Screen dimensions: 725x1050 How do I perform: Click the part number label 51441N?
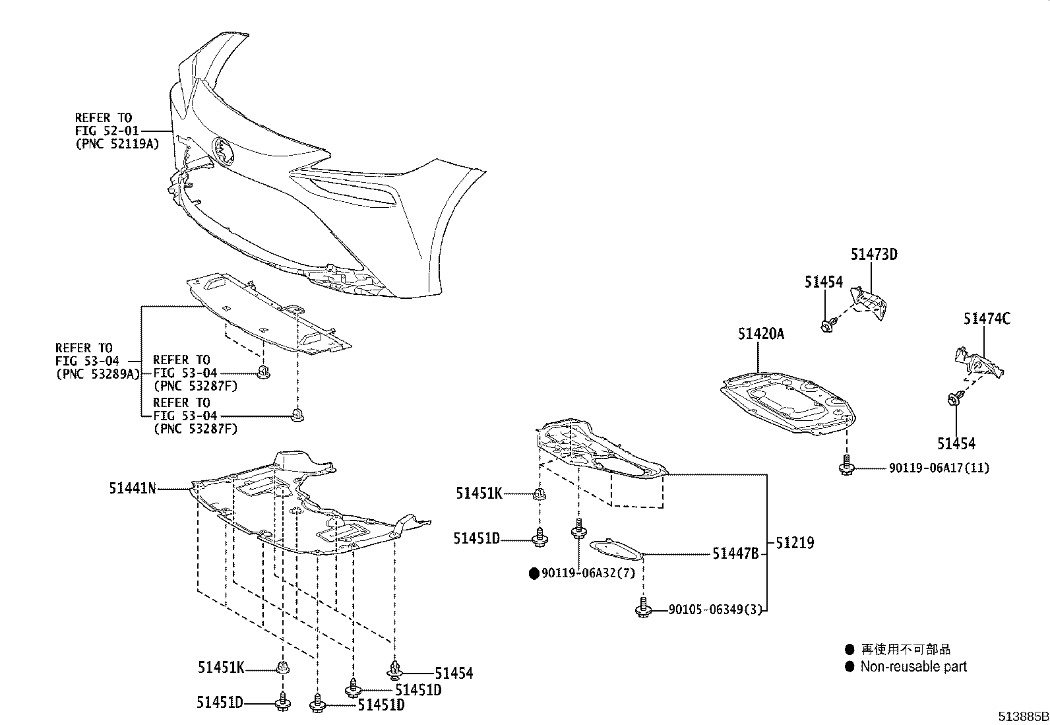[133, 489]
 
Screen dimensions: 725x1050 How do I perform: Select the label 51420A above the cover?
[760, 334]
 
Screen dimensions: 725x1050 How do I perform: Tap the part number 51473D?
[873, 255]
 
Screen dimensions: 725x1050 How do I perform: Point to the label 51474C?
[986, 319]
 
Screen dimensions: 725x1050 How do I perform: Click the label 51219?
[795, 543]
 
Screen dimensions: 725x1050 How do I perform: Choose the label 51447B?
[735, 554]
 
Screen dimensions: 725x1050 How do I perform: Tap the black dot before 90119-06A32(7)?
[534, 573]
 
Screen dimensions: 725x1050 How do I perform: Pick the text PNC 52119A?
[117, 143]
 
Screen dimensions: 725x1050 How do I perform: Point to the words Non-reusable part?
[913, 666]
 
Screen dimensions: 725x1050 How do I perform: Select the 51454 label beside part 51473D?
[823, 282]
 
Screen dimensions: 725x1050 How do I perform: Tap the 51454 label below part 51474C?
[956, 444]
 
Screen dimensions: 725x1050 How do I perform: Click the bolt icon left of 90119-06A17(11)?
[845, 468]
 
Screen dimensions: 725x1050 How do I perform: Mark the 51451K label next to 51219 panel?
[479, 493]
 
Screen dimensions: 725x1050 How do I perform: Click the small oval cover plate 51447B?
[615, 548]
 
